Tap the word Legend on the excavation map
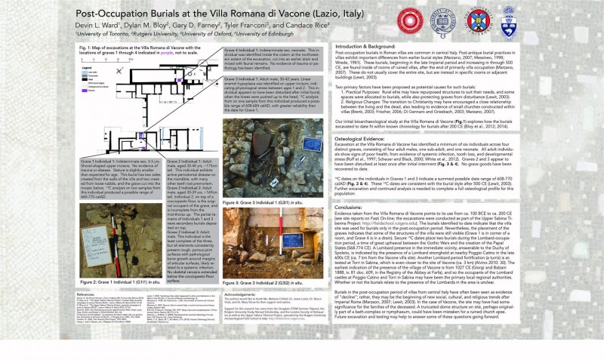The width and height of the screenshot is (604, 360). point(90,67)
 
